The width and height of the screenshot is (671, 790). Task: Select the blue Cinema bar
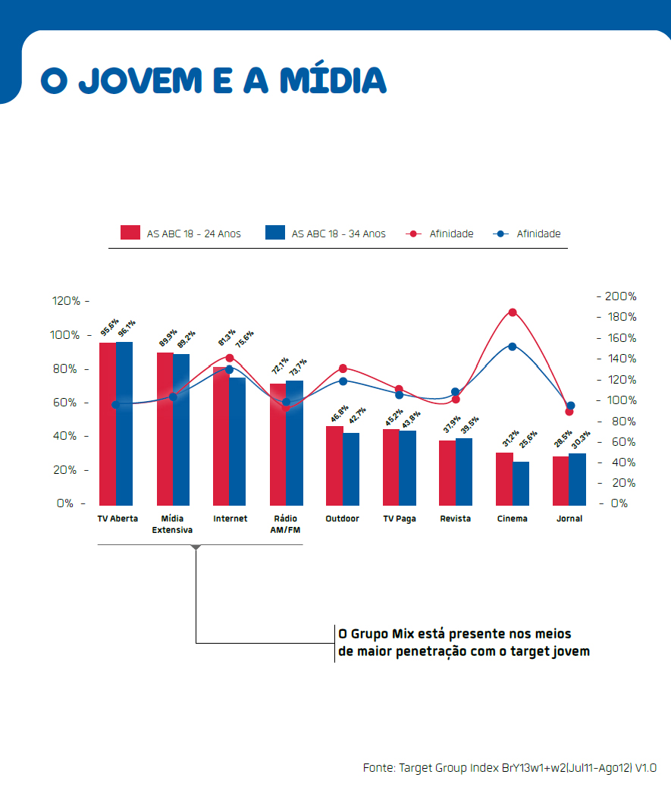[521, 483]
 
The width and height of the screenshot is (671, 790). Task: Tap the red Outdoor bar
[334, 465]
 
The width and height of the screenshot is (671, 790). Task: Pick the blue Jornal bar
[578, 478]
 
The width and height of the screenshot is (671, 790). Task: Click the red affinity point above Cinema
[513, 312]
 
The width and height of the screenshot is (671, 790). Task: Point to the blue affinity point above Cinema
[513, 346]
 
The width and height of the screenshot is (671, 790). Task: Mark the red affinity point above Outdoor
[343, 368]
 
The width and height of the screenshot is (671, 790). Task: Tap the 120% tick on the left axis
[66, 301]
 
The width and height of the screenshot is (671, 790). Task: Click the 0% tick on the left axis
[64, 503]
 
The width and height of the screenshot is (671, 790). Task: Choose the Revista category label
[455, 519]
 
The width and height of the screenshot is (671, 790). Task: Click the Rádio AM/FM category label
[286, 524]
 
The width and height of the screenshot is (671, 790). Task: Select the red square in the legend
[130, 233]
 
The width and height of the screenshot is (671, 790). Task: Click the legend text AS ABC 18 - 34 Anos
[338, 234]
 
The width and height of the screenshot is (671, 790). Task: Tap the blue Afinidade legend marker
[500, 234]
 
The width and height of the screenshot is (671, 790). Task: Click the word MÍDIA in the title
[333, 80]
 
